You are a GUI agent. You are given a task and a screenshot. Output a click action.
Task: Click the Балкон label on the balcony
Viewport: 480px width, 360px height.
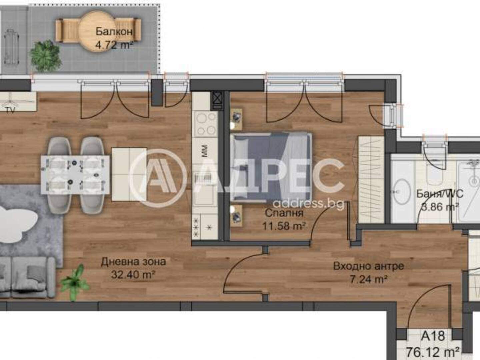coord(114,32)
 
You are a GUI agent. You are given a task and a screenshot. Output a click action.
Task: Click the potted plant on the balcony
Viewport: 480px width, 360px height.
coord(45,56)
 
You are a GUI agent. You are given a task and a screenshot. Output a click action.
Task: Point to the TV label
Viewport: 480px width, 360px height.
coord(10,110)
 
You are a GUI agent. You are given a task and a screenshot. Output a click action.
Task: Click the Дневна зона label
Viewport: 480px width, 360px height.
coord(133,262)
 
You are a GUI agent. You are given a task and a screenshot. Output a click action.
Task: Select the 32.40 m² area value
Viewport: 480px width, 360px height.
coord(133,275)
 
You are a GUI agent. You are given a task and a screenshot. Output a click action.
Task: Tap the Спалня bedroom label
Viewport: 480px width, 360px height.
coord(284,213)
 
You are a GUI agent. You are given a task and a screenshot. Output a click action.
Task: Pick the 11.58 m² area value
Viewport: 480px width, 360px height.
coord(284,226)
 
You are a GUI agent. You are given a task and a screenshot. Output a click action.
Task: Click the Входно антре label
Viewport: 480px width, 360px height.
coord(369,266)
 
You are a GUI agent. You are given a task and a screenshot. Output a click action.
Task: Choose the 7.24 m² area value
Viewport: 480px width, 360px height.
coord(369,279)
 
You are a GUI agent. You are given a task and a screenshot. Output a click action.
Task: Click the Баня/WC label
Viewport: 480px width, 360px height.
coord(440,194)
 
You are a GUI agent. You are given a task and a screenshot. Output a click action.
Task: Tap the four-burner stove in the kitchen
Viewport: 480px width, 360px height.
coord(205,124)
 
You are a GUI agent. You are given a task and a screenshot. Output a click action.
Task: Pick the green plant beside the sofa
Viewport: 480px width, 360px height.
coord(75,282)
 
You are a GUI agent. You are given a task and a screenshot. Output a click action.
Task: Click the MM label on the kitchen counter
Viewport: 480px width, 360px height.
coord(205,151)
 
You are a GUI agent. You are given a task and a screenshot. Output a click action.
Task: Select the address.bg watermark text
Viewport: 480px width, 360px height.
coord(309,204)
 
